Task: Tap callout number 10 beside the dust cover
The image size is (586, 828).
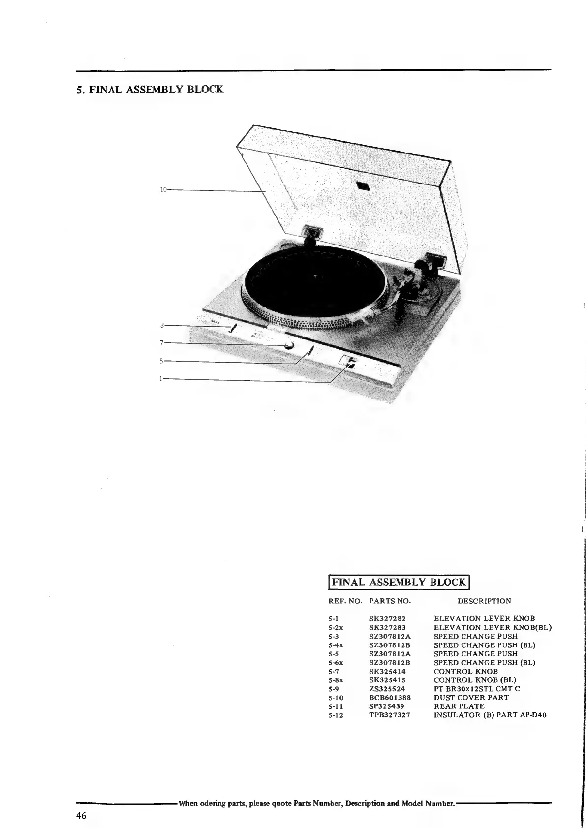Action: click(163, 189)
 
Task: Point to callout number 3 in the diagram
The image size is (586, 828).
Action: click(162, 325)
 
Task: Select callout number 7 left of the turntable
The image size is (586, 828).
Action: click(162, 342)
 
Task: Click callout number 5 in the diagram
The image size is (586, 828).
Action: click(161, 361)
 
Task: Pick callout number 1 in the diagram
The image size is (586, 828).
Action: click(161, 379)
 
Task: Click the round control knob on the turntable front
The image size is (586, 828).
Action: click(288, 345)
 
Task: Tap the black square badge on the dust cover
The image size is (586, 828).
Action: click(362, 186)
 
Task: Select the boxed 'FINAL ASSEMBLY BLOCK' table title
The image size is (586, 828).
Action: click(399, 583)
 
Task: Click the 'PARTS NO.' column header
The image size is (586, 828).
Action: click(390, 601)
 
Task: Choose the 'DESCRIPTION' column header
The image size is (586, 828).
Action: click(484, 601)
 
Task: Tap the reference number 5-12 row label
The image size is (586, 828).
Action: click(336, 715)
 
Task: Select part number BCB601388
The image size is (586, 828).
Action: click(390, 697)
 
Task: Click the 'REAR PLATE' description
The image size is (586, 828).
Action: click(459, 706)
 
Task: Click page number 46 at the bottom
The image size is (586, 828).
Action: click(81, 816)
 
